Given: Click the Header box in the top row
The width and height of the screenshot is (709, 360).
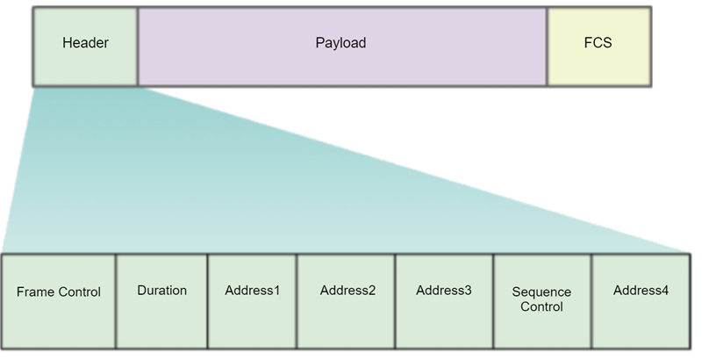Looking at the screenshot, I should [85, 47].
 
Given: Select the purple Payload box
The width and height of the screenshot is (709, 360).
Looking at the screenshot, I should [342, 47].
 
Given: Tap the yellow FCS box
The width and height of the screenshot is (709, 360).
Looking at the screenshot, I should [599, 47].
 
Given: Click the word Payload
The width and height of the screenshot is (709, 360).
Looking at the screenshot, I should [340, 42].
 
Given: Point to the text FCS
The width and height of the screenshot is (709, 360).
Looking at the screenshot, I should [599, 42].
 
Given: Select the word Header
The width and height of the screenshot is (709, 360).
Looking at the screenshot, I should [85, 42].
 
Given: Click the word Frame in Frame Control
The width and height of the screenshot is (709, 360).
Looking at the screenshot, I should [35, 292].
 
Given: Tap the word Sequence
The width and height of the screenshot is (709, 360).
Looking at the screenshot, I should [542, 292].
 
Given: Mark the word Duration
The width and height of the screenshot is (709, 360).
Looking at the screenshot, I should [162, 290].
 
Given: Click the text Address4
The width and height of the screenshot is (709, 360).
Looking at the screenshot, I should [641, 290].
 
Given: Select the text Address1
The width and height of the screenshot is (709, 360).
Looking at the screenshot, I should [252, 290].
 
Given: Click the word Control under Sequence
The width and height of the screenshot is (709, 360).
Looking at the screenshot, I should [542, 307].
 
